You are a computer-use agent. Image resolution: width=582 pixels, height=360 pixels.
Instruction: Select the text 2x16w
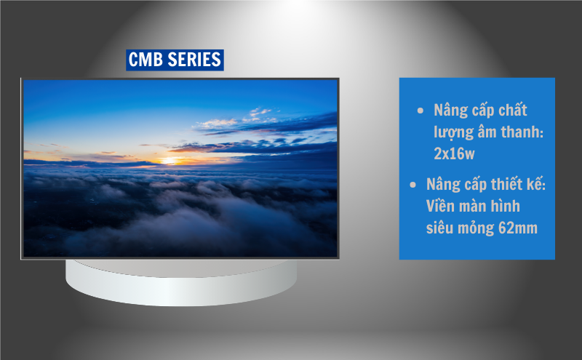coord(455,154)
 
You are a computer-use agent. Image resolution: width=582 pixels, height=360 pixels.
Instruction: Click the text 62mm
coord(518,228)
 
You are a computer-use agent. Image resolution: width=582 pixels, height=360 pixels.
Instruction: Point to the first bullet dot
coord(420,111)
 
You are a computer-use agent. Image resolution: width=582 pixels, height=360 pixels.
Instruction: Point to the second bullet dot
coord(413,185)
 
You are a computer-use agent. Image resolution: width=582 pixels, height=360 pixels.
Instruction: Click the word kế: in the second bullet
coord(535,185)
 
